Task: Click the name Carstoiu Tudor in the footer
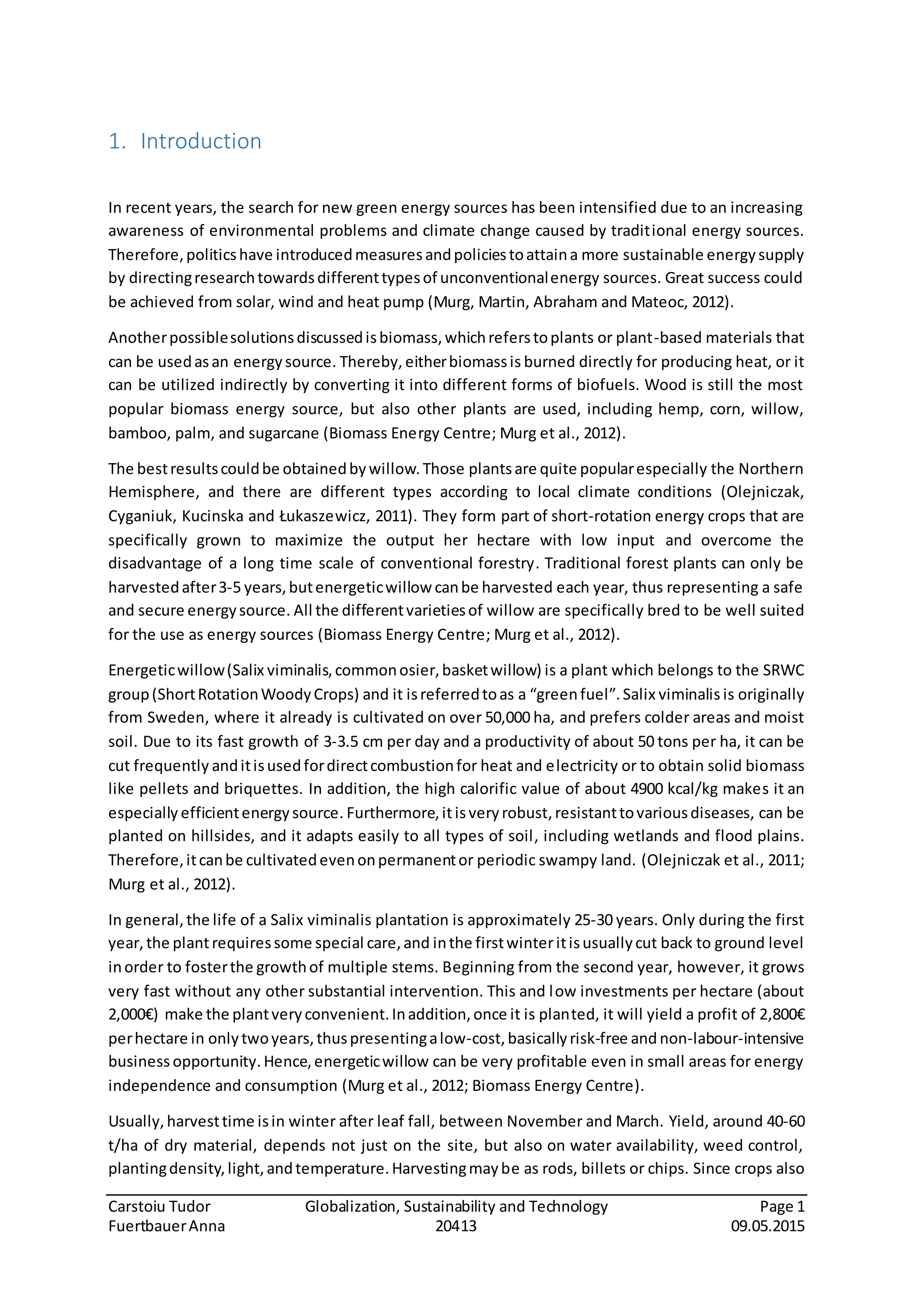[159, 1206]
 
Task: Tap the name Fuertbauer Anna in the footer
[166, 1226]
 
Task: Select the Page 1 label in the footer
[782, 1206]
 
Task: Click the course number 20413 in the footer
[456, 1226]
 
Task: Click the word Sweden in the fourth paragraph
[177, 717]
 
